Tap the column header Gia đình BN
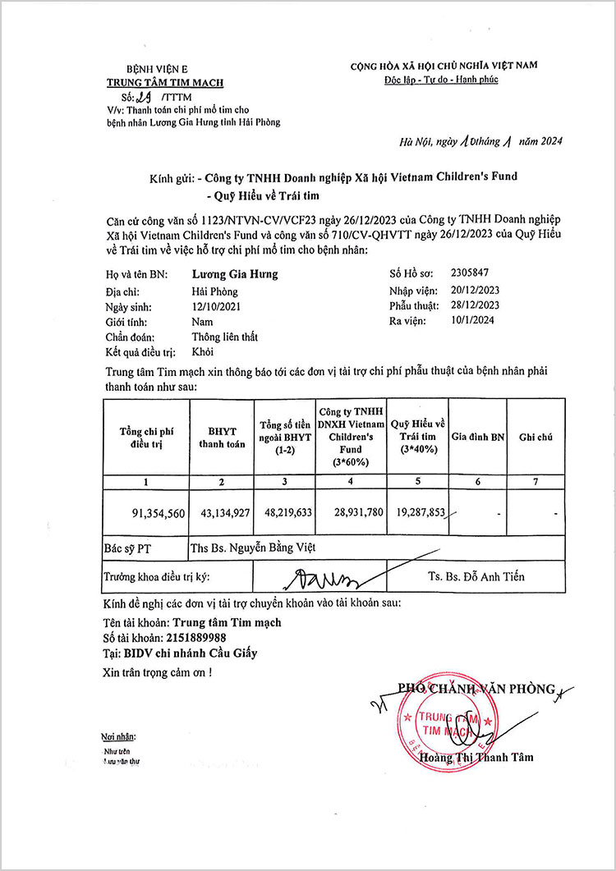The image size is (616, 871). click(x=478, y=438)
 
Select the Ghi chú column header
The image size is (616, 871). click(x=536, y=438)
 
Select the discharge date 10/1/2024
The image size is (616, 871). click(x=473, y=321)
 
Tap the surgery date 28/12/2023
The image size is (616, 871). click(x=476, y=305)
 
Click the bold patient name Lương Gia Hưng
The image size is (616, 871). click(x=235, y=275)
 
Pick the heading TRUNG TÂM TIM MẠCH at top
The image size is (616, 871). click(x=165, y=82)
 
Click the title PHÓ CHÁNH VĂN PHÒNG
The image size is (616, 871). click(x=476, y=689)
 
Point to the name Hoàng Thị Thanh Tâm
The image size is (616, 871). click(x=476, y=758)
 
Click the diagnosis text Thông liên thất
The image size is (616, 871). click(x=226, y=337)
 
